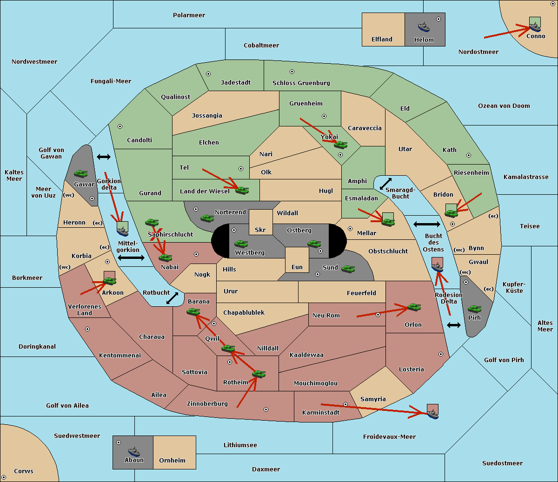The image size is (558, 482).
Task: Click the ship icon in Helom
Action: [x=424, y=27]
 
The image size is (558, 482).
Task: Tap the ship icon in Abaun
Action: [x=134, y=452]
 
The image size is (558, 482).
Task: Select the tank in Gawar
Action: [x=81, y=173]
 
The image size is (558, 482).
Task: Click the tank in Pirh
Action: [x=474, y=309]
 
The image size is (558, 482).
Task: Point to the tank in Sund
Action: [x=348, y=269]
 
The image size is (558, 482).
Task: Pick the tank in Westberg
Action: [x=241, y=244]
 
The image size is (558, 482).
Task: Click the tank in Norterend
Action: [x=207, y=218]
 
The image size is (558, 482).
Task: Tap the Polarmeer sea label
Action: [x=189, y=15]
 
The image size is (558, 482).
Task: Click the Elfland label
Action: [x=382, y=40]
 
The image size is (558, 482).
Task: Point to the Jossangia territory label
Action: [x=207, y=116]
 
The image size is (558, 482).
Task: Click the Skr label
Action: [x=260, y=230]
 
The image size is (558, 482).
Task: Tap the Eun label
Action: [x=297, y=267]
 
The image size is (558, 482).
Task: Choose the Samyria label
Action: [x=373, y=399]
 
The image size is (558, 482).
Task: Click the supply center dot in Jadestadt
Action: [x=208, y=74]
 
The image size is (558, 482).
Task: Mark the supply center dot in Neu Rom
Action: [x=378, y=315]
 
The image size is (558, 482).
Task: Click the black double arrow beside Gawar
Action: [x=104, y=157]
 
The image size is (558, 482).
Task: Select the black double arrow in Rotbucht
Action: [x=172, y=298]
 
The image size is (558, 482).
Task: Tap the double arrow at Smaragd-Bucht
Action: [x=385, y=184]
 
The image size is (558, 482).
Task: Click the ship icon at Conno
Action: [x=535, y=27]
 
